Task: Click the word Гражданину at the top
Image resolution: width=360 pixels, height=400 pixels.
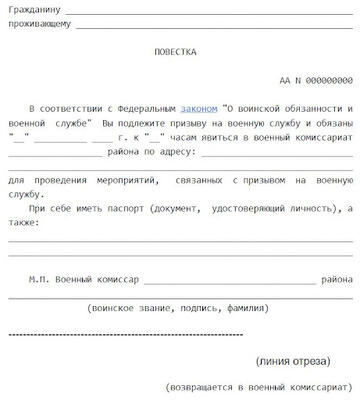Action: pos(32,11)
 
